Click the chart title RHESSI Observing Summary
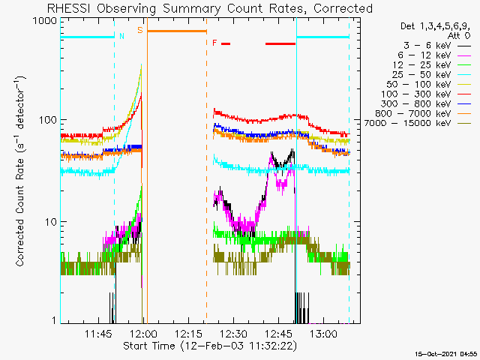pyautogui.click(x=209, y=8)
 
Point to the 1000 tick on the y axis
pyautogui.click(x=46, y=21)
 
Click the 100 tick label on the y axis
pyautogui.click(x=48, y=120)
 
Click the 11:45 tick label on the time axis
pyautogui.click(x=99, y=334)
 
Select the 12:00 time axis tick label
pyautogui.click(x=143, y=334)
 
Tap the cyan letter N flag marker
pyautogui.click(x=122, y=35)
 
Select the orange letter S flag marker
pyautogui.click(x=139, y=30)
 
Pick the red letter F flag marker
pyautogui.click(x=214, y=43)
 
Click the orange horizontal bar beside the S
pyautogui.click(x=176, y=31)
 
